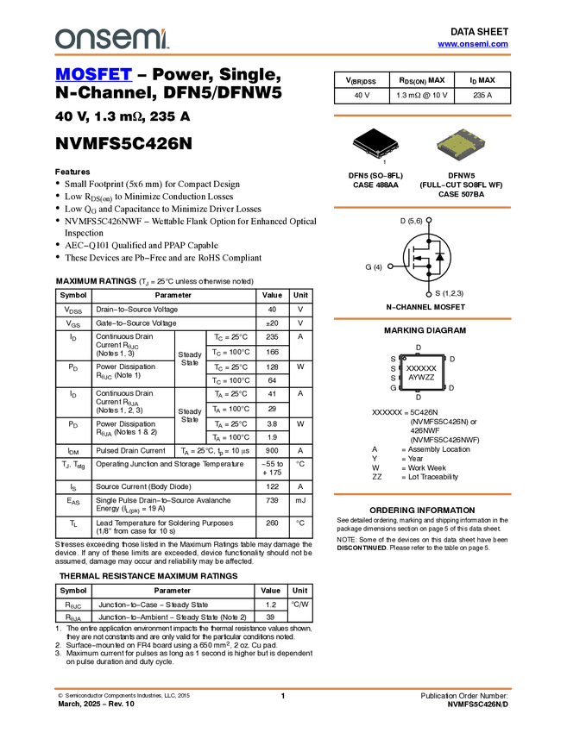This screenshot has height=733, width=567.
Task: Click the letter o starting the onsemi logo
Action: [x=63, y=39]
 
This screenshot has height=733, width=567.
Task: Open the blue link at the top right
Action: [x=473, y=44]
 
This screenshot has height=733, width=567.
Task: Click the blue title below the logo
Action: [x=93, y=75]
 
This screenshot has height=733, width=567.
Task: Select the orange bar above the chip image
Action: [x=422, y=115]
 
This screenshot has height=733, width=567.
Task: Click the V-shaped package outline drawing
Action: [x=376, y=147]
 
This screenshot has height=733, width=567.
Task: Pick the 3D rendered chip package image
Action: [x=461, y=144]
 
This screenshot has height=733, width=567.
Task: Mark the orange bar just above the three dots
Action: [x=422, y=207]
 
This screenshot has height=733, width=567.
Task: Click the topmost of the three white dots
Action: [x=429, y=220]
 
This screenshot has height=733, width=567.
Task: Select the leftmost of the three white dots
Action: [x=390, y=267]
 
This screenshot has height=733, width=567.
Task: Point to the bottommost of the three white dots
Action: [x=429, y=294]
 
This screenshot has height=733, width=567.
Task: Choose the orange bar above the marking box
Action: [x=422, y=319]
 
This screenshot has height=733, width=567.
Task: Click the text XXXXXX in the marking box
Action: [x=421, y=368]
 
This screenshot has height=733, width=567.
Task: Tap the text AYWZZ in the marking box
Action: [x=421, y=378]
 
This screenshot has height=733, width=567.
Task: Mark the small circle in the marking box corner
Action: [x=404, y=358]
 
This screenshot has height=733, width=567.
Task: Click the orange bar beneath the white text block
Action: [x=422, y=494]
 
